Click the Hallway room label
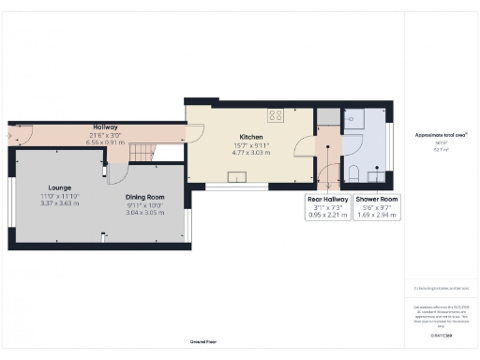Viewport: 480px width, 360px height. click(x=104, y=127)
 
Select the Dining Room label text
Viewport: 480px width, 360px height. click(x=145, y=197)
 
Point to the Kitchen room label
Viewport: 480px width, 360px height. click(x=250, y=136)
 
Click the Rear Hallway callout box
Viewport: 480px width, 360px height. click(x=328, y=207)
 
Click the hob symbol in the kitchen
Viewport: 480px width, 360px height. click(x=277, y=115)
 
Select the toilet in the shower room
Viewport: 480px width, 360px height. click(x=353, y=172)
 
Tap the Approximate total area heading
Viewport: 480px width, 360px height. click(x=441, y=135)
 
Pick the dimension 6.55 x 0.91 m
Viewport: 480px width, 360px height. click(x=104, y=142)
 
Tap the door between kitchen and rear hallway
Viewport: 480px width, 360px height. click(x=306, y=146)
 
